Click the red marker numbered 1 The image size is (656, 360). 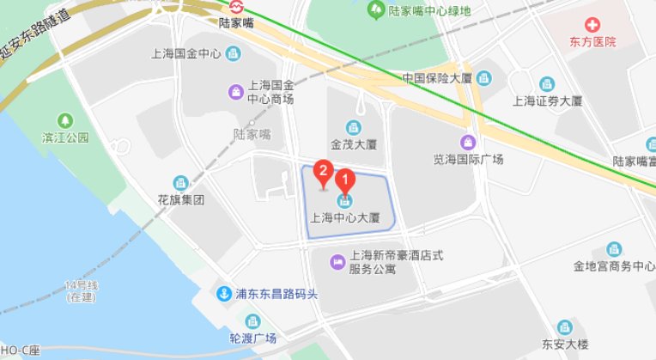(x=344, y=182)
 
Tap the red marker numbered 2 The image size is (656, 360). (x=323, y=171)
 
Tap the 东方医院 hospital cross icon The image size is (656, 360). (x=592, y=24)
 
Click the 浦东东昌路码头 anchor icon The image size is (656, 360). (x=223, y=293)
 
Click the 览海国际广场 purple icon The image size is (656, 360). (x=468, y=142)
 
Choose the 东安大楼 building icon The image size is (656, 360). (x=565, y=326)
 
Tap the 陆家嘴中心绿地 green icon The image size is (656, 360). (x=376, y=10)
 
